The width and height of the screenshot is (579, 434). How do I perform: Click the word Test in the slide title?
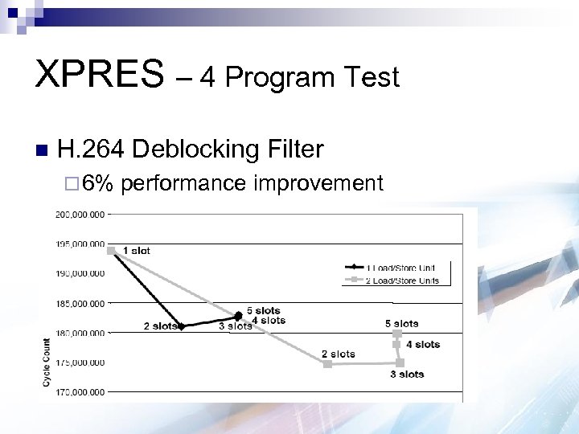tap(370, 77)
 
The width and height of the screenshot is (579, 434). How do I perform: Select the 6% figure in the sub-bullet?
tap(98, 184)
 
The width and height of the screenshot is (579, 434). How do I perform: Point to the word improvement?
tap(318, 184)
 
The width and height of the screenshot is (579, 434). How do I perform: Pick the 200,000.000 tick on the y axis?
tap(80, 215)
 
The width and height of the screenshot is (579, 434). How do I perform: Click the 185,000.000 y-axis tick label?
tap(80, 304)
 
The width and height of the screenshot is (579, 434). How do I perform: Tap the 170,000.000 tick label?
tap(80, 392)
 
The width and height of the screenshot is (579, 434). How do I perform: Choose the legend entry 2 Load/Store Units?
tap(402, 280)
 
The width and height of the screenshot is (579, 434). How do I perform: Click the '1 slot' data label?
tap(136, 251)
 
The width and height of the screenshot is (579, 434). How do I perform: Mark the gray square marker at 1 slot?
tap(112, 251)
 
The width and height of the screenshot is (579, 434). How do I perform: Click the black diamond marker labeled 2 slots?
tap(182, 326)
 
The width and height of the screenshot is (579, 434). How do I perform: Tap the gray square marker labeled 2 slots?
tap(327, 364)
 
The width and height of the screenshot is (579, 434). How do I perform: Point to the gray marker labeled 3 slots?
tap(400, 363)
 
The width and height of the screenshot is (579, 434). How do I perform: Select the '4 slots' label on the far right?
tap(423, 345)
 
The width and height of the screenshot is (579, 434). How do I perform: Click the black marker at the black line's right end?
tap(238, 315)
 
